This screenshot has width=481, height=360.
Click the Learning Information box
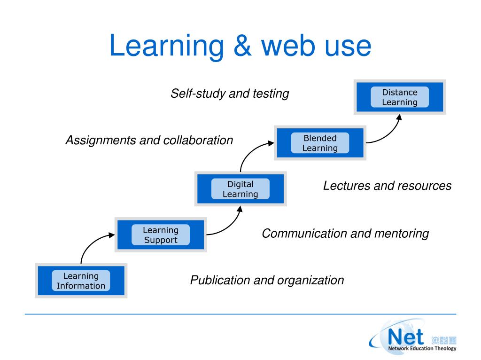pyautogui.click(x=81, y=281)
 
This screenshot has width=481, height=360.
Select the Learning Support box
pyautogui.click(x=161, y=235)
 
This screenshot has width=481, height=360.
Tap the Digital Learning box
pyautogui.click(x=240, y=189)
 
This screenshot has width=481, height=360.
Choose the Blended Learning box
pyautogui.click(x=320, y=143)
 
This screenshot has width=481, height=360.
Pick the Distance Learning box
pyautogui.click(x=400, y=97)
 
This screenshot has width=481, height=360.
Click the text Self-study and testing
pyautogui.click(x=229, y=94)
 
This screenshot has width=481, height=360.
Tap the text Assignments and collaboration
pyautogui.click(x=149, y=140)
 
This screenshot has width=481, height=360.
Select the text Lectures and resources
pyautogui.click(x=387, y=186)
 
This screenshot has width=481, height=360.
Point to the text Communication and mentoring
pyautogui.click(x=345, y=233)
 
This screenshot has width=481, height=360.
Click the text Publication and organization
pyautogui.click(x=267, y=281)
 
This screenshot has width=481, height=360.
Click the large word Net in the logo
pyautogui.click(x=406, y=337)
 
